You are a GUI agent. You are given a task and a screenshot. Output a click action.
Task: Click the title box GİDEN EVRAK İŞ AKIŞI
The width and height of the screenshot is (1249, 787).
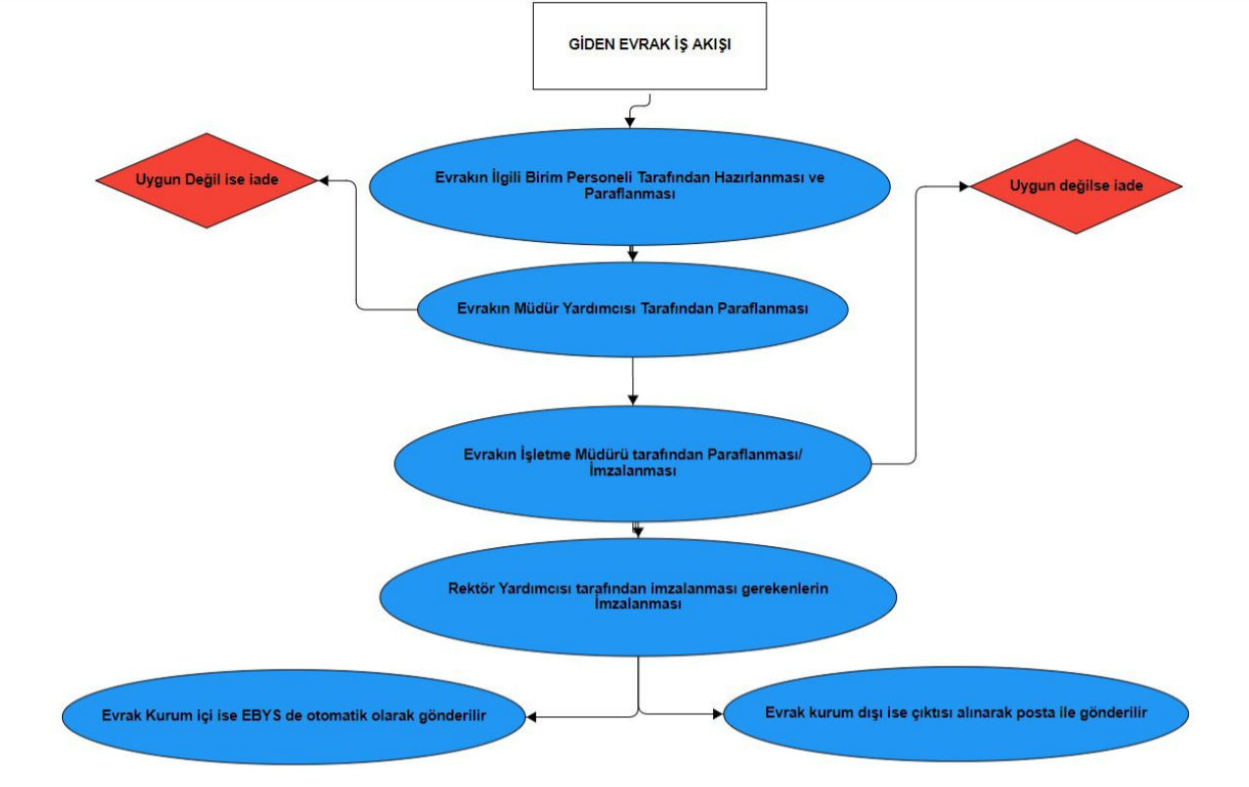coord(649,46)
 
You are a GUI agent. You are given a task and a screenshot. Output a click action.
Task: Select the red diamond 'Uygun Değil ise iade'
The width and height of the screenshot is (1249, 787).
coord(207,181)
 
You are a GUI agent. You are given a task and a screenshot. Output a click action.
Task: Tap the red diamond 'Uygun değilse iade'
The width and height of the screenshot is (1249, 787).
coord(1076,186)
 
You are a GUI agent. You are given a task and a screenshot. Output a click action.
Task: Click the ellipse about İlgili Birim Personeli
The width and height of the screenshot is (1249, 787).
coord(629,186)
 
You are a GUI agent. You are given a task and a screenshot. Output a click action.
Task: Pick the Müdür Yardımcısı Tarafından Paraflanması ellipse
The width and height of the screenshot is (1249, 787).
coord(632,309)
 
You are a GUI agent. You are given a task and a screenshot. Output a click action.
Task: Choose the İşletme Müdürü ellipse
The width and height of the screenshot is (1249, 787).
coord(632,462)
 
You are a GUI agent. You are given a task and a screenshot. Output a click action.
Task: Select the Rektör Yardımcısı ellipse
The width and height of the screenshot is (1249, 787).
coord(637,596)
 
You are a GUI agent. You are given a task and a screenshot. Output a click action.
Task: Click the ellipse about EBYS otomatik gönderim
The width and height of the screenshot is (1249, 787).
coord(295,716)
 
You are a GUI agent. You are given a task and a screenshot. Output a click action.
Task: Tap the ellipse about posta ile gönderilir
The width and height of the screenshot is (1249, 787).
coord(956,713)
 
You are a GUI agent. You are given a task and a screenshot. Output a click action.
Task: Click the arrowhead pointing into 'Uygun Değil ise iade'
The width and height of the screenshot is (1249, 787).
coord(323,181)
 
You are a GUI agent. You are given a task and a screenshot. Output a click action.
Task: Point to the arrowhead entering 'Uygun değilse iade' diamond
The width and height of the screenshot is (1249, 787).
coord(966,186)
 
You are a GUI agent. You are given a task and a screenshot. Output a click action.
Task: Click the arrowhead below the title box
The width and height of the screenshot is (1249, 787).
coord(630,122)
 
